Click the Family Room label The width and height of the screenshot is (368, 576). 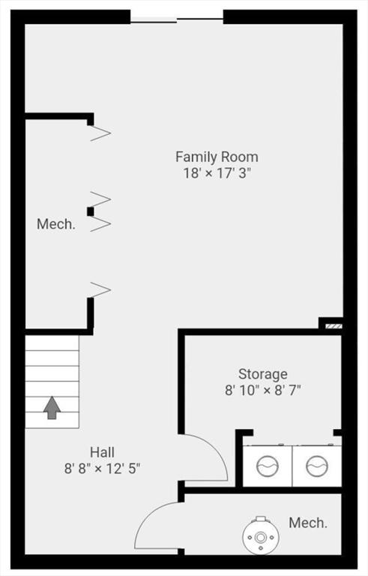217,157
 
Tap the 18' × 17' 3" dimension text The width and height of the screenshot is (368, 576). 217,172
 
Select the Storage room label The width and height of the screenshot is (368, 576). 263,374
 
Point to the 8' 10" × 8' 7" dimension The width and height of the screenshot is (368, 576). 263,390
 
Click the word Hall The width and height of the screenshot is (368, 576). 102,452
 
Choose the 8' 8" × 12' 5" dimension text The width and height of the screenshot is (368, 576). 102,468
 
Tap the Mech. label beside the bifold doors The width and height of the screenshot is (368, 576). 55,224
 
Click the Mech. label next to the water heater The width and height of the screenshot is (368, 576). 308,523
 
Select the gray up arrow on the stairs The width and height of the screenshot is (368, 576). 52,408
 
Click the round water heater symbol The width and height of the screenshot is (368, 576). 260,537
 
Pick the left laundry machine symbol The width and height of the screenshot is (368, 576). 268,466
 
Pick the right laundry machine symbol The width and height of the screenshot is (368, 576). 317,466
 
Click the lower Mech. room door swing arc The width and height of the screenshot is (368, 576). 147,514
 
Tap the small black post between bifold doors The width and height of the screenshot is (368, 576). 91,211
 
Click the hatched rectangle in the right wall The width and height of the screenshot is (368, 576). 334,326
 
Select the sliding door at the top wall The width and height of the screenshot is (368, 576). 177,20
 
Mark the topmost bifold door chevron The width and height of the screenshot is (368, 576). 100,133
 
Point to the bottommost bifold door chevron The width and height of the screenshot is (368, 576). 100,289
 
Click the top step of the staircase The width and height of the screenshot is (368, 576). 52,343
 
